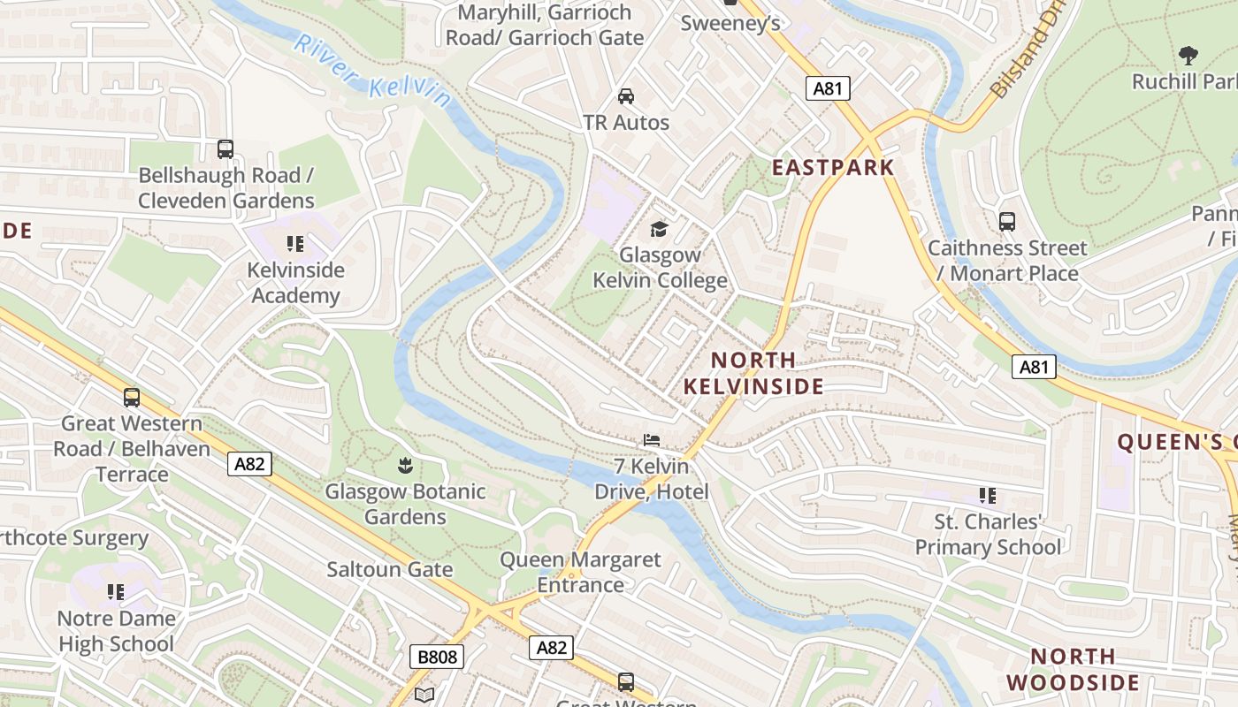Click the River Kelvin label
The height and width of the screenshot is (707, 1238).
(x=372, y=71)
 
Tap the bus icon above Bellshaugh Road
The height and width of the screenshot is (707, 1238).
(x=225, y=149)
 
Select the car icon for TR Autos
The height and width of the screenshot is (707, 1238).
(x=626, y=96)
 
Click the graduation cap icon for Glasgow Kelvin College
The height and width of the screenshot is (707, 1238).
(x=659, y=230)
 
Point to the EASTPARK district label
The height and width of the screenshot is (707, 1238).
(x=833, y=167)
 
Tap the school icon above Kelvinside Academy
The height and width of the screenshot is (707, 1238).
(x=295, y=244)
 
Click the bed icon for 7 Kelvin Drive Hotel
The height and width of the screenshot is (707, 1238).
(x=652, y=440)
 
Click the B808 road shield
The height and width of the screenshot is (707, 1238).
(x=437, y=657)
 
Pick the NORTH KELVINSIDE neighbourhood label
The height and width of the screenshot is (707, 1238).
(x=753, y=373)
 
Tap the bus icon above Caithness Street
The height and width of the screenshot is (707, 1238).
(x=1006, y=222)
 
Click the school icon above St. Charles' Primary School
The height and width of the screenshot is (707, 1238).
(x=987, y=496)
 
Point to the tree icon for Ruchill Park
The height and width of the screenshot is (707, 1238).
(x=1188, y=56)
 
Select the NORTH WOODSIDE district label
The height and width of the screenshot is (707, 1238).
(x=1073, y=669)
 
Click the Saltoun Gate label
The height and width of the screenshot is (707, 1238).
(x=389, y=569)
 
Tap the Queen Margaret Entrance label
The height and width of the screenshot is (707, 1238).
(x=580, y=572)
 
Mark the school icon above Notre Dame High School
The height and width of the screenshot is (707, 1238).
(x=116, y=591)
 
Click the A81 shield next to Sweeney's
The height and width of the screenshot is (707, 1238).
(x=828, y=87)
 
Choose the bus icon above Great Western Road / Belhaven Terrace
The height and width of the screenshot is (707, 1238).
(x=132, y=398)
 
